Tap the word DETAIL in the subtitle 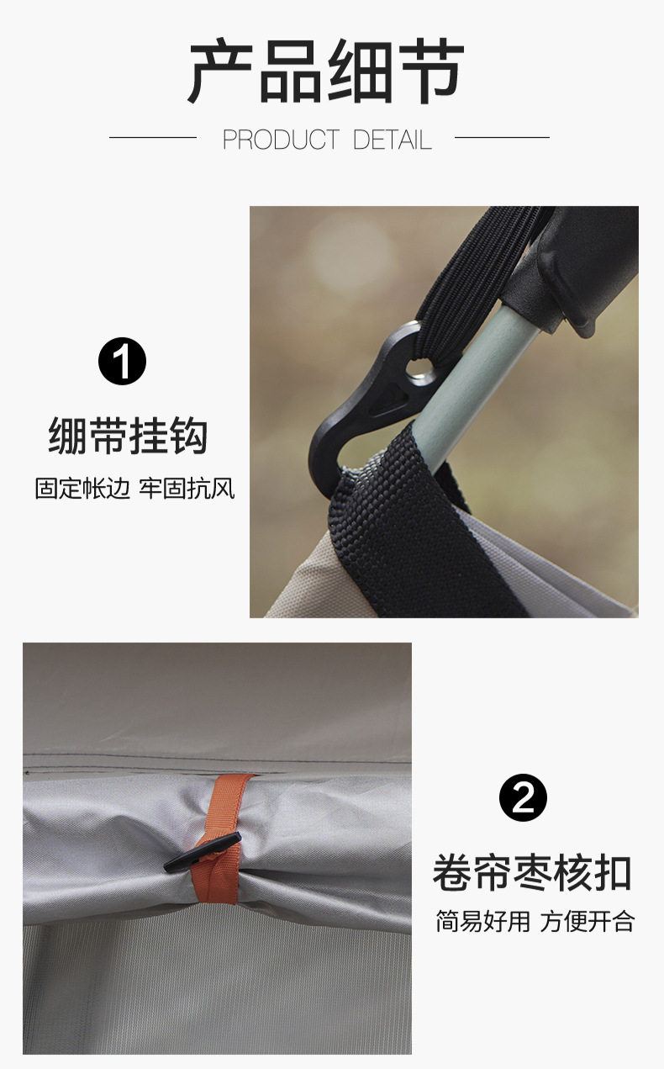click(393, 140)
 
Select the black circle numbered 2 click(523, 797)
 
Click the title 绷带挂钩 click(127, 436)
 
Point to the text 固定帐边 click(82, 489)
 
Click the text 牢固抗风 click(187, 489)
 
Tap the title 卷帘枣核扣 click(531, 873)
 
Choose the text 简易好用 click(482, 921)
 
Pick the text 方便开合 click(587, 921)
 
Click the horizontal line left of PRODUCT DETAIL click(152, 137)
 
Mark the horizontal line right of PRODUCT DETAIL click(501, 137)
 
